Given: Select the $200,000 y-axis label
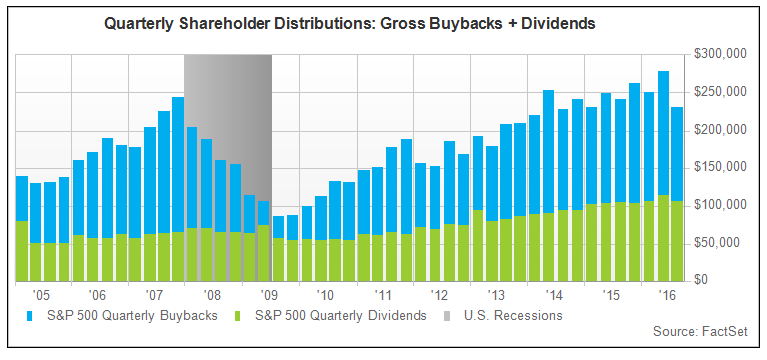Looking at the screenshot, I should pyautogui.click(x=718, y=129).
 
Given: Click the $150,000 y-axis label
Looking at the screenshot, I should pyautogui.click(x=718, y=167).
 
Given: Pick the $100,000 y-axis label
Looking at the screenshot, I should pyautogui.click(x=718, y=205).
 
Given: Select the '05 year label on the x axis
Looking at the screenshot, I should pyautogui.click(x=40, y=296).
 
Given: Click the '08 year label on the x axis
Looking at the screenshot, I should pyautogui.click(x=212, y=296).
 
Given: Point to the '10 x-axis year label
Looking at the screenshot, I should pyautogui.click(x=326, y=296).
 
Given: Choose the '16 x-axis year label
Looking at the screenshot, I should pyautogui.click(x=663, y=296).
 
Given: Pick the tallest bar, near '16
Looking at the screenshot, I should pyautogui.click(x=664, y=176).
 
